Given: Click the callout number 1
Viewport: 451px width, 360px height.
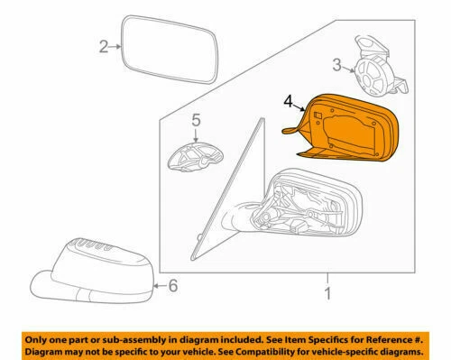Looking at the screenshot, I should coord(327,293).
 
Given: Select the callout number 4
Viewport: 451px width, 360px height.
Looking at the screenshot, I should coord(289,104).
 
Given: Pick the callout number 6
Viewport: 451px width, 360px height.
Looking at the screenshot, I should coord(174,287).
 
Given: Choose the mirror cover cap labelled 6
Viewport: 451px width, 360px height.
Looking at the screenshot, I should coord(99,271).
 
